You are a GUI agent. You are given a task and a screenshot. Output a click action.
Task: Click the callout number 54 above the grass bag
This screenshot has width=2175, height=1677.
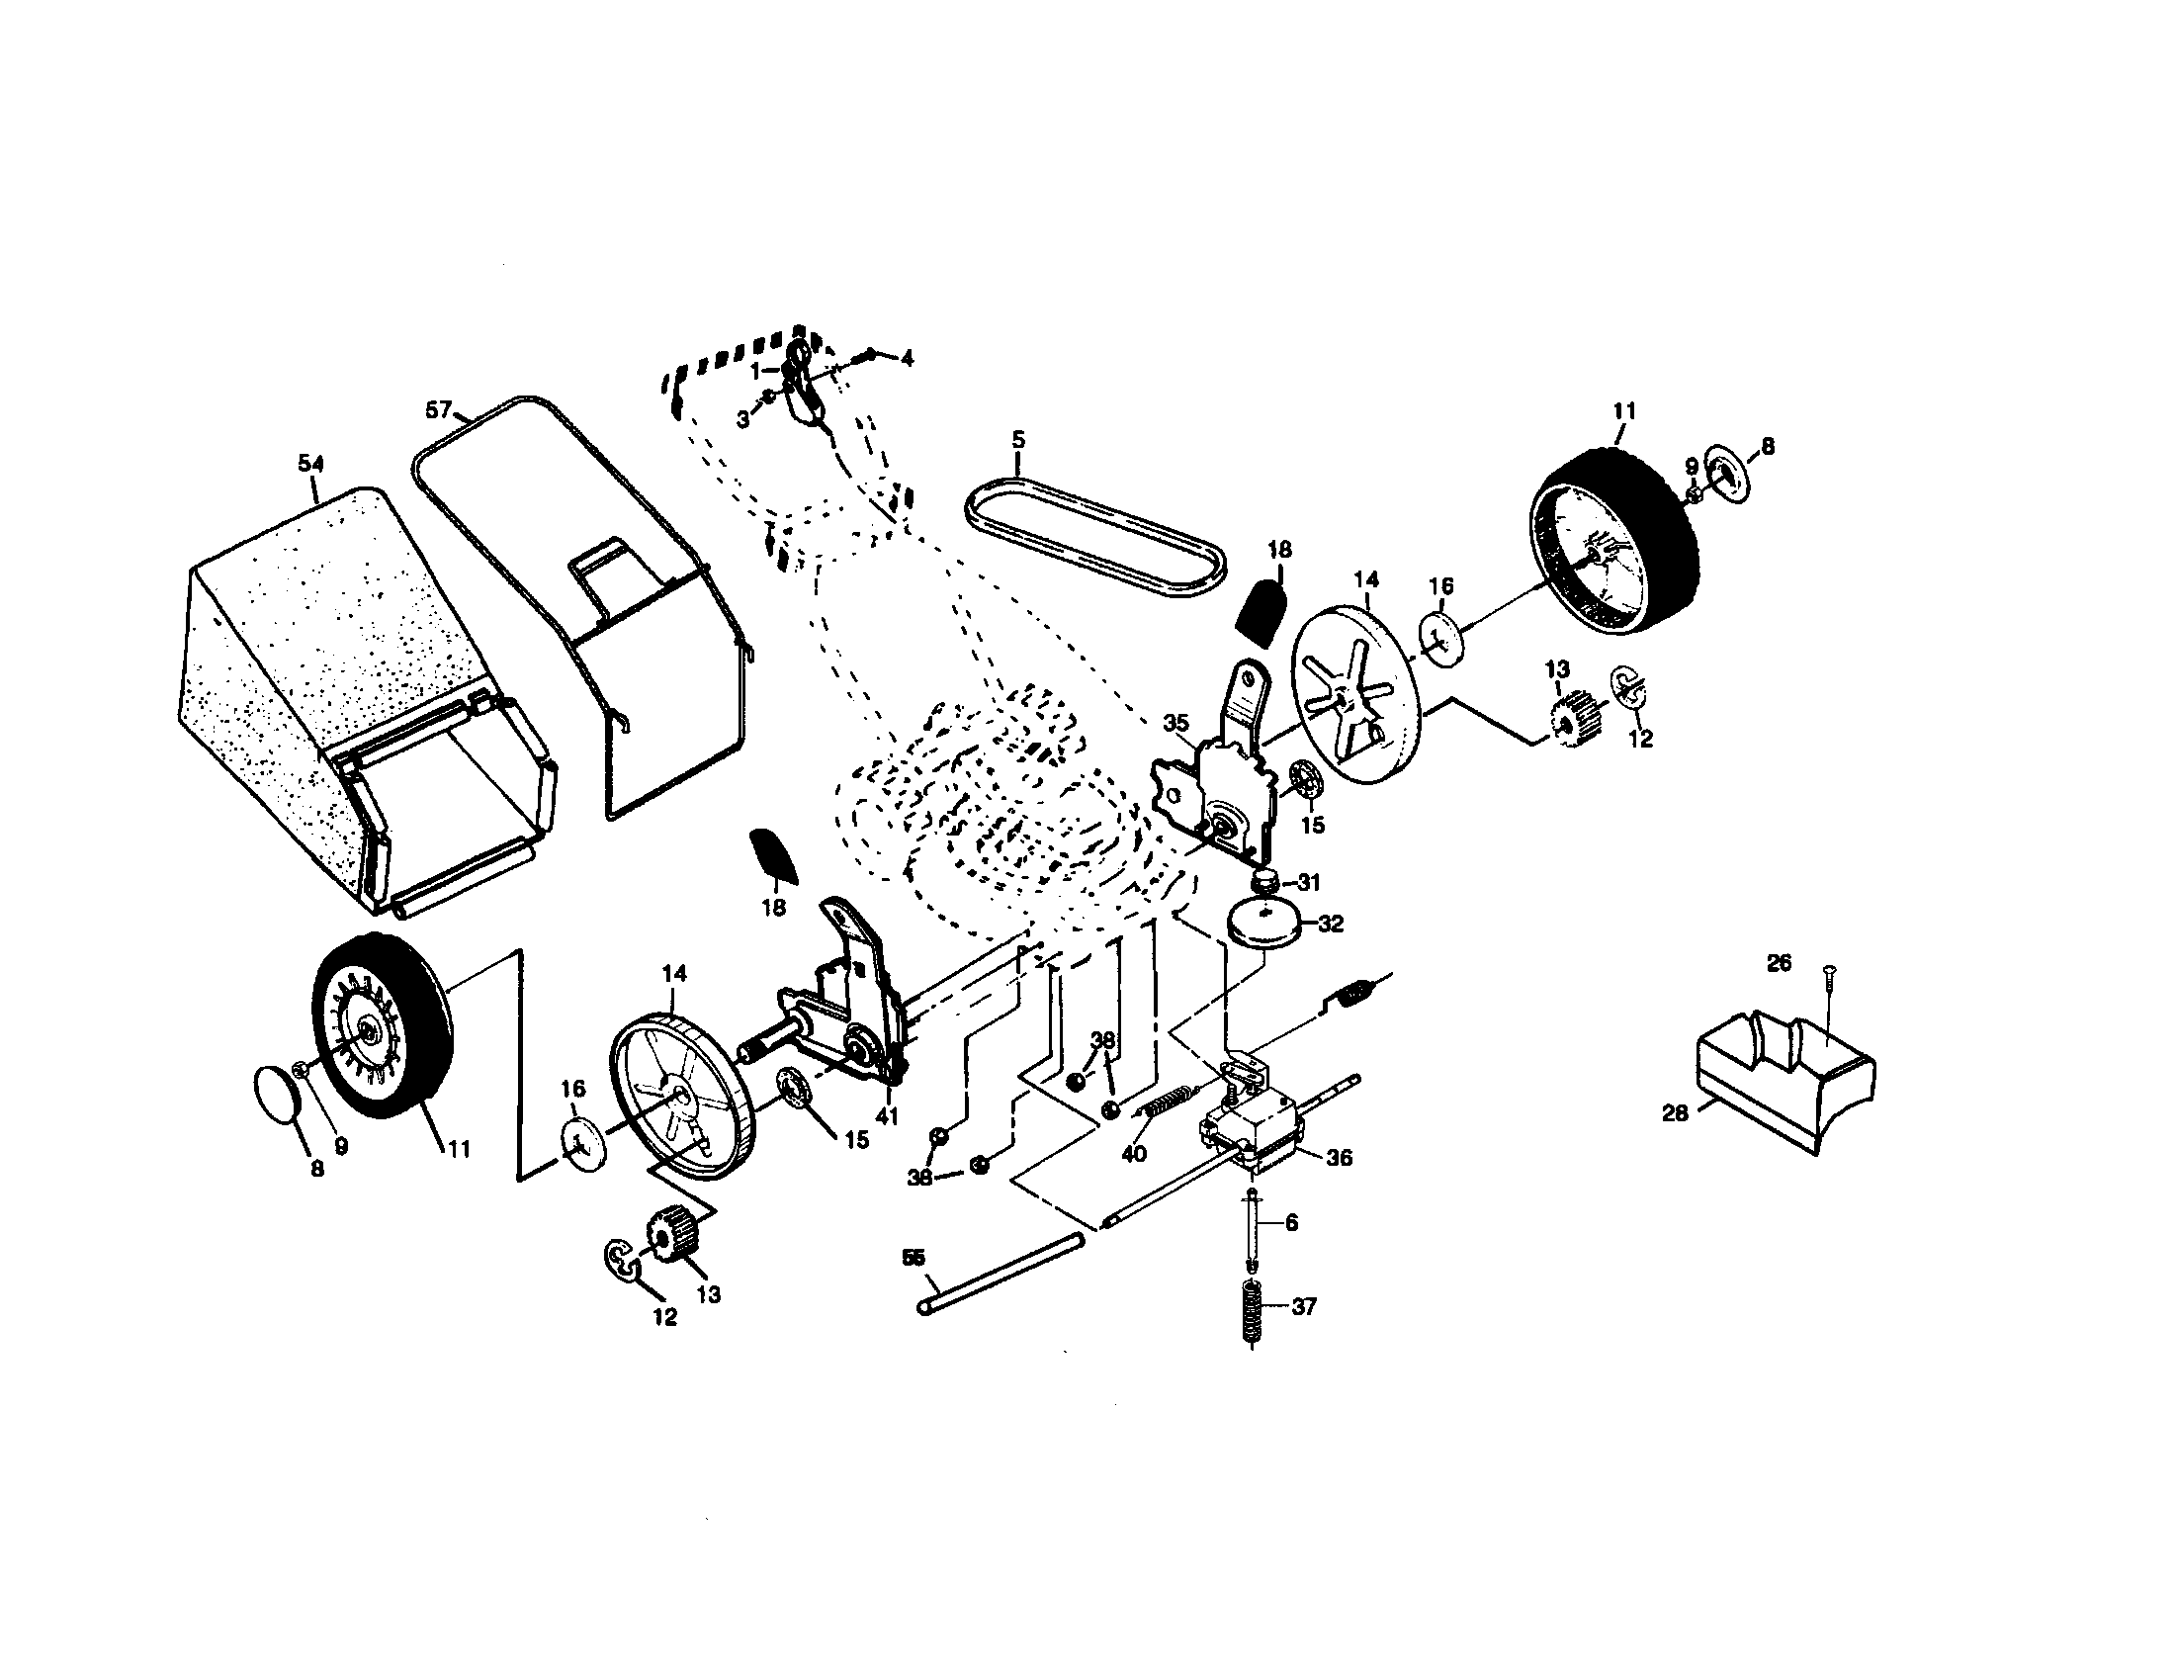coord(310,463)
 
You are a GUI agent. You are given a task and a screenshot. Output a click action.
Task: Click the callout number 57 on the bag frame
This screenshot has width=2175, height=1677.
coord(438,409)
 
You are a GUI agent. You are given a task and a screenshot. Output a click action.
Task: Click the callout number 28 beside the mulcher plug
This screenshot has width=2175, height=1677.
coord(1675,1113)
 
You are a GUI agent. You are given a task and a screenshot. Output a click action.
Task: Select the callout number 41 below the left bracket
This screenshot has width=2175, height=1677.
coord(887,1116)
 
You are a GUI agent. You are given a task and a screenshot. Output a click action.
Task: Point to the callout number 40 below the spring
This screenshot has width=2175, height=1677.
coord(1133,1153)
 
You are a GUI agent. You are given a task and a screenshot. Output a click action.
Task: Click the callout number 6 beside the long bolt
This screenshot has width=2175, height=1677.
coord(1292,1223)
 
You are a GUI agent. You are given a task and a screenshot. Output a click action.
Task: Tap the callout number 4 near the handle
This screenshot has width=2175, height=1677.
coord(906,359)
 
